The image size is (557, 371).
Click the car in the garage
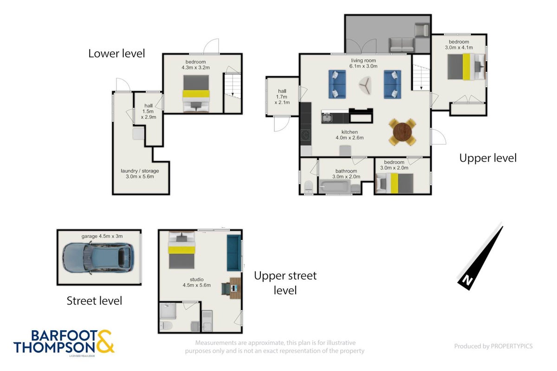tap(98, 258)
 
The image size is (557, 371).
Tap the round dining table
tap(402, 132)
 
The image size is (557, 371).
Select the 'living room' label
tap(363, 60)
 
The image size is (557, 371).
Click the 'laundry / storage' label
tap(140, 171)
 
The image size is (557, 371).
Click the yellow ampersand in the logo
tap(105, 341)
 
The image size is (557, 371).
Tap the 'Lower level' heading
tap(117, 53)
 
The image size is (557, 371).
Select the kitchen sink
tap(326, 117)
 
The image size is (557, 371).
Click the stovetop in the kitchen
tap(305, 135)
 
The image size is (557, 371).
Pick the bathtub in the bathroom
tap(335, 186)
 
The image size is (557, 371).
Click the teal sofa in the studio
tap(234, 253)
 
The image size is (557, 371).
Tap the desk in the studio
tap(235, 288)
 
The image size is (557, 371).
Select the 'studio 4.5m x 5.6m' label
tap(197, 282)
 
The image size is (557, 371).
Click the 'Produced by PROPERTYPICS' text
tap(493, 346)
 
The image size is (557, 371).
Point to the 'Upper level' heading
tap(488, 158)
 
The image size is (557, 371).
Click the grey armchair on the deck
tap(422, 30)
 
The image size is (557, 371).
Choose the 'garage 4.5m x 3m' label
tap(102, 237)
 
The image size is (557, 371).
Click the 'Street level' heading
tap(94, 301)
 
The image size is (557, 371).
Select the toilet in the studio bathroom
tap(166, 325)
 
